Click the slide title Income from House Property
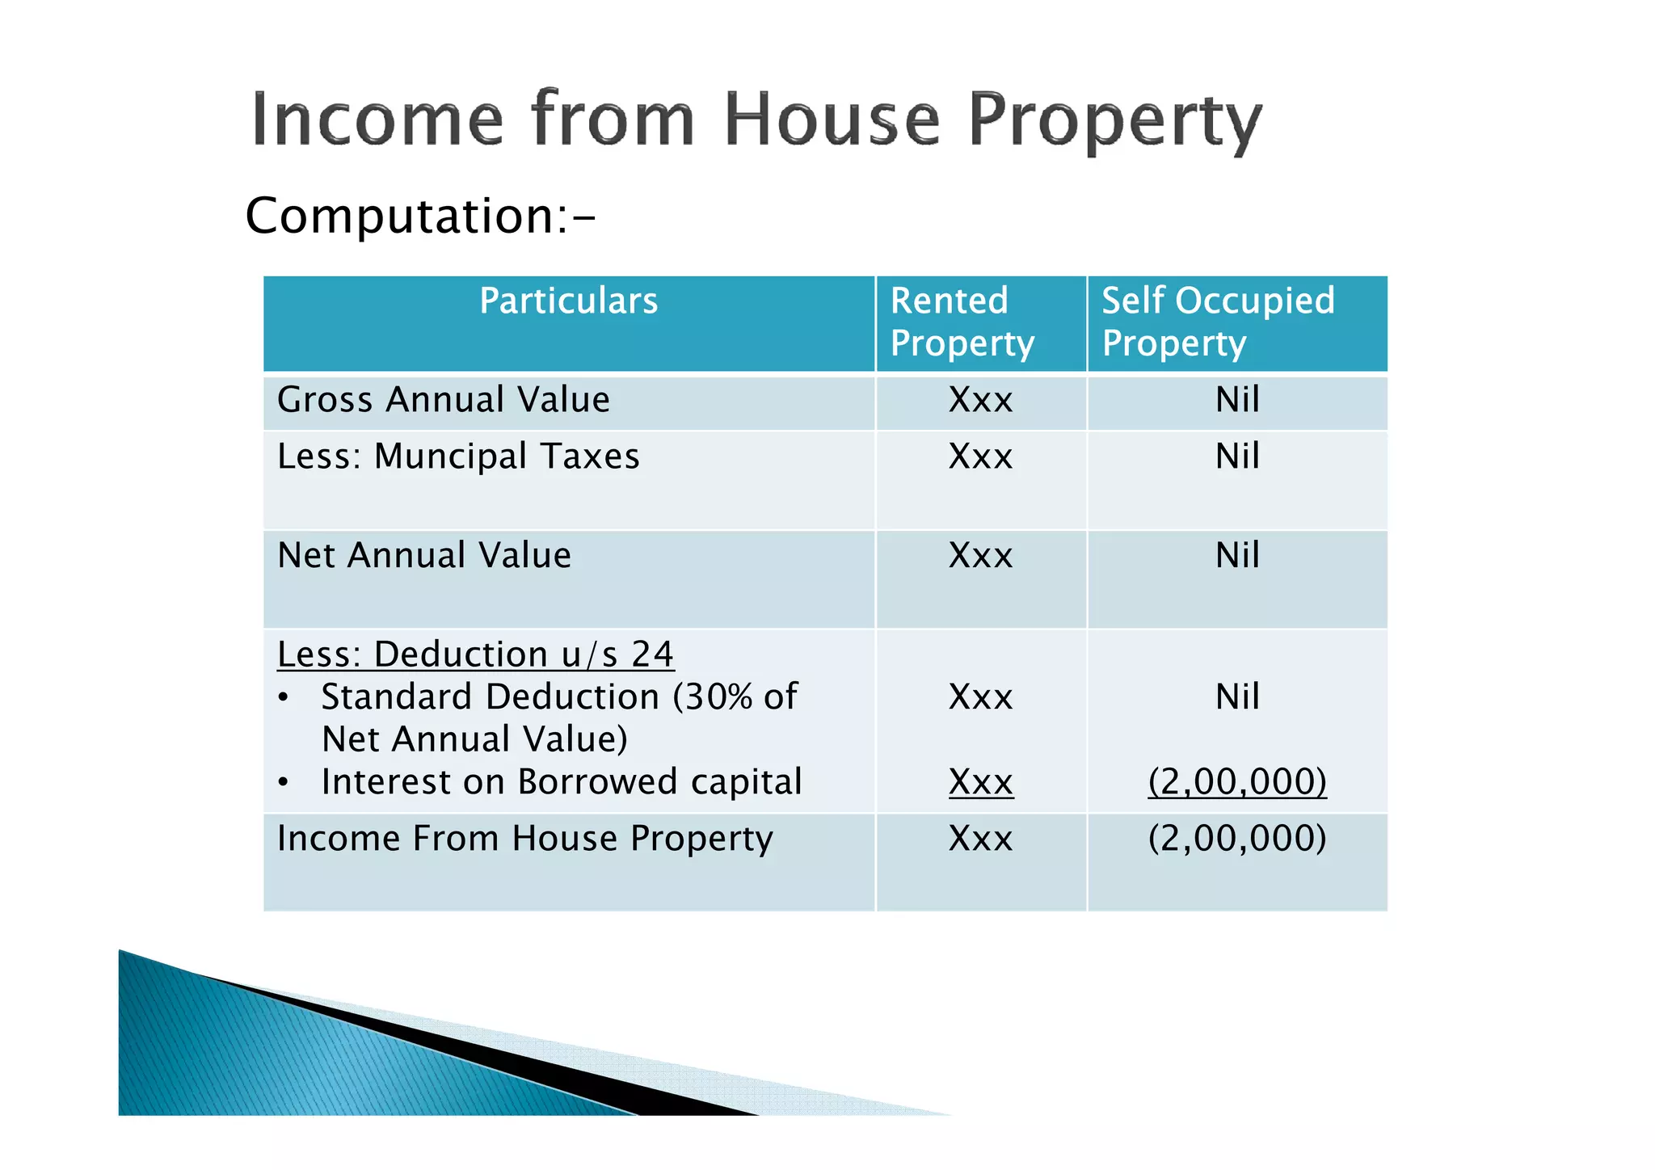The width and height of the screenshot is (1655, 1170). (x=756, y=121)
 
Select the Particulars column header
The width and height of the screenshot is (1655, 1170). (x=568, y=301)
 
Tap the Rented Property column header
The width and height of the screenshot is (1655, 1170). (x=961, y=322)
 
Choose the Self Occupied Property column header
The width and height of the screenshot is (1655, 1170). (x=1217, y=322)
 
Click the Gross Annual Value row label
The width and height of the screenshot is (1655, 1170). (x=443, y=400)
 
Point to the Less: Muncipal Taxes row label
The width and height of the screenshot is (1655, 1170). (x=457, y=457)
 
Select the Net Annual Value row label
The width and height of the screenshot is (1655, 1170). (x=423, y=556)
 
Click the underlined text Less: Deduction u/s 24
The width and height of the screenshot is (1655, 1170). (x=474, y=654)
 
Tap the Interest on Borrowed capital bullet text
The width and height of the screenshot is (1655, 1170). (x=561, y=782)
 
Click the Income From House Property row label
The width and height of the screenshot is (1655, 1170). (x=524, y=839)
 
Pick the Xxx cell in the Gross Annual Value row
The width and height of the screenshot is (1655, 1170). (x=980, y=400)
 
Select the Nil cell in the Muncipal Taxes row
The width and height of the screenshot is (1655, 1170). (x=1236, y=457)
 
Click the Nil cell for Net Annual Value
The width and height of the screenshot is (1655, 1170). (x=1236, y=556)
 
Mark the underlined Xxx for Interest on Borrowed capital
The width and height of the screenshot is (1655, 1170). (x=980, y=782)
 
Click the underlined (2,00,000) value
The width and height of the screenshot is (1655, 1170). (x=1236, y=782)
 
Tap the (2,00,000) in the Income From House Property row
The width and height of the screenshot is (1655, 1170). (x=1236, y=839)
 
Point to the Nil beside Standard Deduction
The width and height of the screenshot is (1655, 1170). (x=1236, y=697)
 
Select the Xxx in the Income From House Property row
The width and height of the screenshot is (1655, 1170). (x=980, y=839)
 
